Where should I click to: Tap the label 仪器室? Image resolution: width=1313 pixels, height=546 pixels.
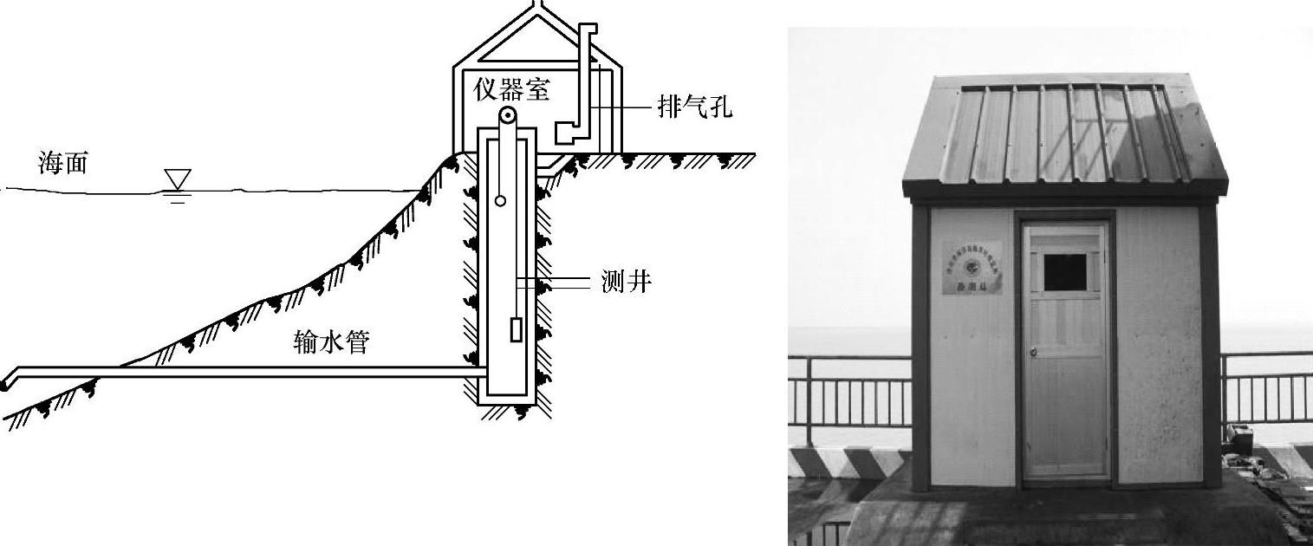click(511, 88)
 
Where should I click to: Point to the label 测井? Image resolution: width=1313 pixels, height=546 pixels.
click(626, 282)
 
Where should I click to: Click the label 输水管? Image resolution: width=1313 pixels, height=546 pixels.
click(332, 342)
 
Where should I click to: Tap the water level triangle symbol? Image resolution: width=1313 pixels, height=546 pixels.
click(178, 179)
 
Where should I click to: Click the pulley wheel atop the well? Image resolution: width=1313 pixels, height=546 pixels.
click(507, 117)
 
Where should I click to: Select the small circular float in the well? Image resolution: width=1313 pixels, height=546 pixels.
click(500, 201)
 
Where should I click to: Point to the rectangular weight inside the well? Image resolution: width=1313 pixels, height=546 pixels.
click(516, 330)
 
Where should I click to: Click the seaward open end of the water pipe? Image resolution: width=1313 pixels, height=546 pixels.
click(7, 380)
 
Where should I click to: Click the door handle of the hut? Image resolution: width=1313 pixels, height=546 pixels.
click(1032, 352)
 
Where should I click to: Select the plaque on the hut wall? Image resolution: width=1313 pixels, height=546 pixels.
click(972, 268)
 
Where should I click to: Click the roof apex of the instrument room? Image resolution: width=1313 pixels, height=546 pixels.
click(538, 7)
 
